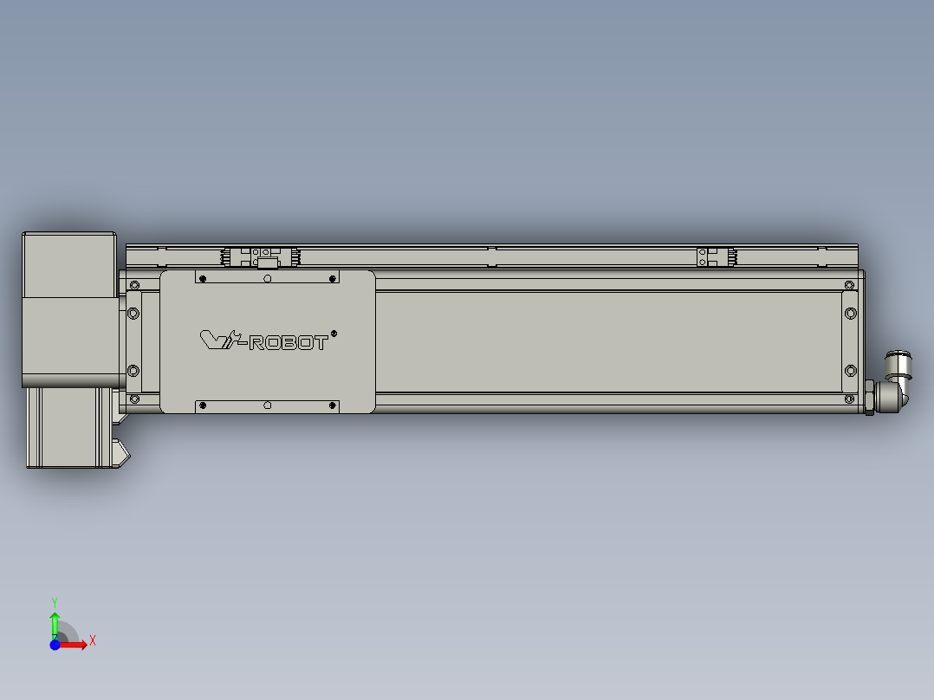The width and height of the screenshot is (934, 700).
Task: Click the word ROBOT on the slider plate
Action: pos(289,343)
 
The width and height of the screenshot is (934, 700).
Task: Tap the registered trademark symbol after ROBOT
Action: pos(334,333)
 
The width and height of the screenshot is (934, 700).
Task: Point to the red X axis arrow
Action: pos(75,644)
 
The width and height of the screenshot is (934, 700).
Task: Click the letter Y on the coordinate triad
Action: pos(55,601)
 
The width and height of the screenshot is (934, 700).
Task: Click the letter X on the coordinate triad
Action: pos(92,641)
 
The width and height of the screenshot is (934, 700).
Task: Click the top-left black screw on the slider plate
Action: pos(202,279)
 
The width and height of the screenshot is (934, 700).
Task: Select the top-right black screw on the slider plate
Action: pos(333,279)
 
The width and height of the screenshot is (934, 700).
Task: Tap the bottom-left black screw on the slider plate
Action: pos(202,405)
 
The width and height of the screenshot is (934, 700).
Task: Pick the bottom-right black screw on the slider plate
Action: pos(333,405)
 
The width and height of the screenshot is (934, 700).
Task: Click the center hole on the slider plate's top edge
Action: pos(267,279)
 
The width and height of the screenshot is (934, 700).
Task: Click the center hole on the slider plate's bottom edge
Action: pos(267,405)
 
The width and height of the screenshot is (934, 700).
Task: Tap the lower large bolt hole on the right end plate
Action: pos(849,371)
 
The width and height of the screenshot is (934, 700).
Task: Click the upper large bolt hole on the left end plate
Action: pos(133,313)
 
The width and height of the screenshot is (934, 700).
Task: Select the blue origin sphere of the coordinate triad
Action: pos(55,645)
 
